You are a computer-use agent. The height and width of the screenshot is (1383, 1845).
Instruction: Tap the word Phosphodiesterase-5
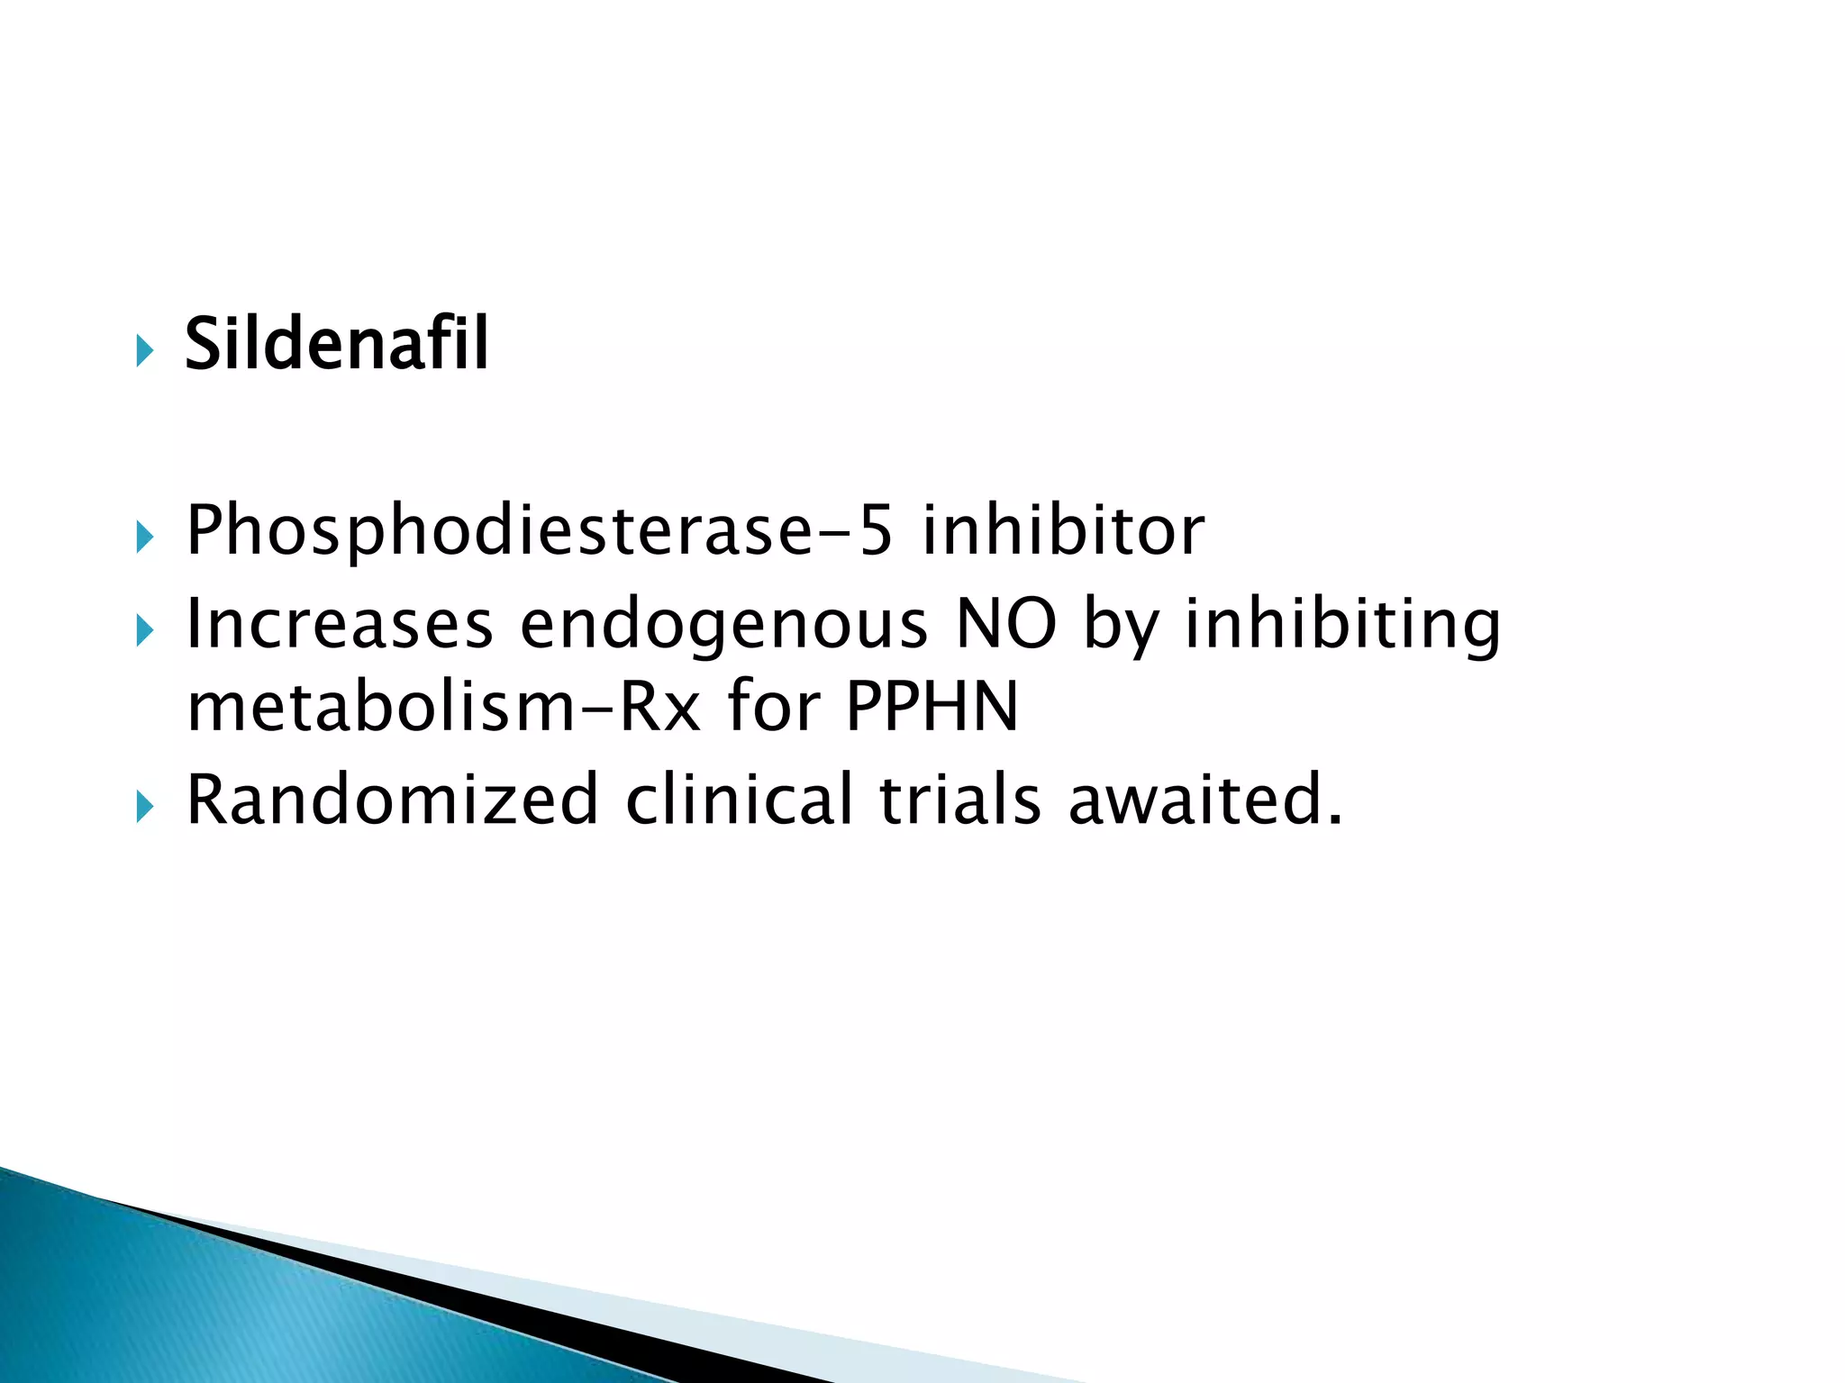point(539,530)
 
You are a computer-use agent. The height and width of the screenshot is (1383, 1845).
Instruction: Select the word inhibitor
point(1063,530)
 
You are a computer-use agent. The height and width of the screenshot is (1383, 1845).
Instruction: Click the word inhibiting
point(1342,626)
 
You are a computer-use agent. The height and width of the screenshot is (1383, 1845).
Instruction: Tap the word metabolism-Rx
point(443,707)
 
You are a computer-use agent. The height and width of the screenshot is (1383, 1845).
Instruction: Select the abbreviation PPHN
point(932,707)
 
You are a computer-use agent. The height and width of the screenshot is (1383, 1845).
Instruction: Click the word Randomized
point(392,799)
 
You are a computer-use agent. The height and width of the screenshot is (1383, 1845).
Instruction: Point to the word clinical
point(739,799)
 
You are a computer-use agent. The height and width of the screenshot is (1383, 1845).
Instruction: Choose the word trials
point(959,799)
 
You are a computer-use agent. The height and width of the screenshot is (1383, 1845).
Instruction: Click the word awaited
point(1205,799)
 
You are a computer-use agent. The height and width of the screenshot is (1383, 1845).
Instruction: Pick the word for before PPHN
point(772,707)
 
